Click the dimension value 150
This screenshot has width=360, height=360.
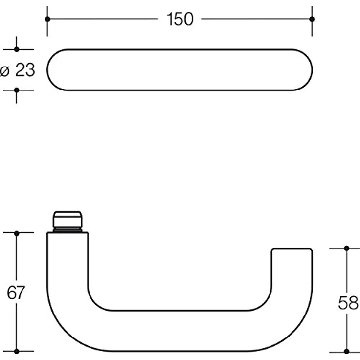coord(180,19)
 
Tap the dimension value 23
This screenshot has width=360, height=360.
coord(25,69)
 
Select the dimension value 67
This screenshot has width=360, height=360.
coord(16,292)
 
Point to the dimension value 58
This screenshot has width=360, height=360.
coord(348,303)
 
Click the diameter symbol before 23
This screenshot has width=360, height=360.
coord(4,71)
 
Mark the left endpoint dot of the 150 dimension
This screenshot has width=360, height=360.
coord(47,19)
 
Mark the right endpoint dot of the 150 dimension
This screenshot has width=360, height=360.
coord(312,19)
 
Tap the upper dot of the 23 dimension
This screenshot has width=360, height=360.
coord(17,49)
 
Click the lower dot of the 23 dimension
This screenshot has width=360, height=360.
coord(17,90)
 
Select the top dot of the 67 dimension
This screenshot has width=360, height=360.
coord(17,233)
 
